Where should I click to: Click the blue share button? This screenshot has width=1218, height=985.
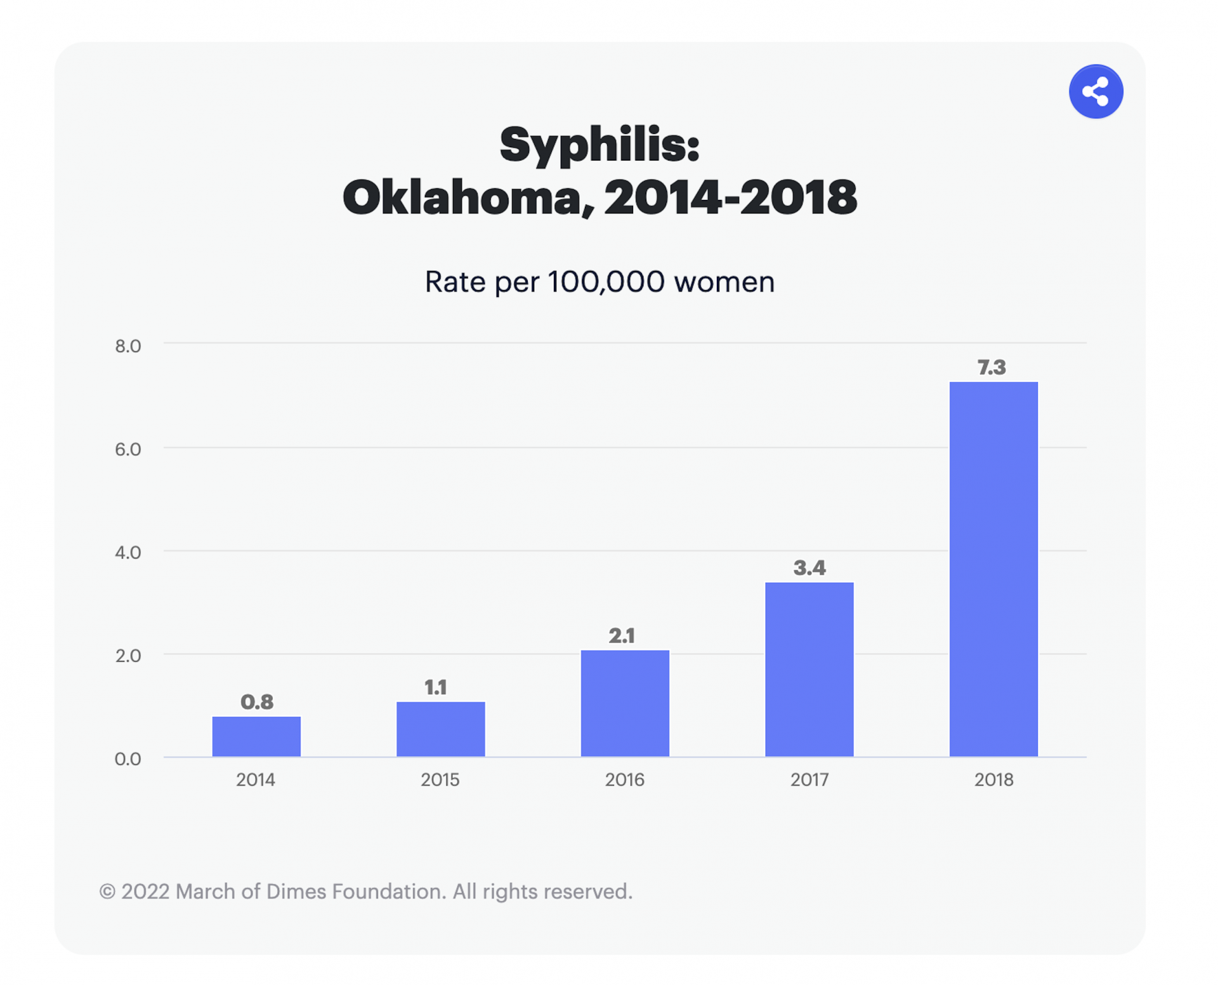1096,91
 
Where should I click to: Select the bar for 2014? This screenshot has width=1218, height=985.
256,736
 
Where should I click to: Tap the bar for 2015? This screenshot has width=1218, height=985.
440,729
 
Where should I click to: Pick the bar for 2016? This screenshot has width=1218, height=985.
625,703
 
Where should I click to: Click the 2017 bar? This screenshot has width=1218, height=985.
809,669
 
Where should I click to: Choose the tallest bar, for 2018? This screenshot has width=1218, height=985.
993,569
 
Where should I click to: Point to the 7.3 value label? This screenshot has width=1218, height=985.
992,367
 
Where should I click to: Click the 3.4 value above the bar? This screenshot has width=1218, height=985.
809,568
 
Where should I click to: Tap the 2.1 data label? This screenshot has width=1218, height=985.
622,636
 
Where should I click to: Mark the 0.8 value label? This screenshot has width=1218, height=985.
257,702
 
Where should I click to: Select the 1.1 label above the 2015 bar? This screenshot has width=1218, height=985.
436,687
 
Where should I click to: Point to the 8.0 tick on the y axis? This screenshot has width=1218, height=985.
128,346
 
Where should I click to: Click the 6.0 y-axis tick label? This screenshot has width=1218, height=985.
128,449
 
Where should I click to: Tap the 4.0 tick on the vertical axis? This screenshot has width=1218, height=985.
128,553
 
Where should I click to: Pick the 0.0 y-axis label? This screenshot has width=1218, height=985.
128,759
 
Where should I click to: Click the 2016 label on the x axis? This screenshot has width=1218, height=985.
624,780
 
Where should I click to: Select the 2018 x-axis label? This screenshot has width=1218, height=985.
993,780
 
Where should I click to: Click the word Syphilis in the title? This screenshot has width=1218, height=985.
599,145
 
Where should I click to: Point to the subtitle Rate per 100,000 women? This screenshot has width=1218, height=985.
599,282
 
